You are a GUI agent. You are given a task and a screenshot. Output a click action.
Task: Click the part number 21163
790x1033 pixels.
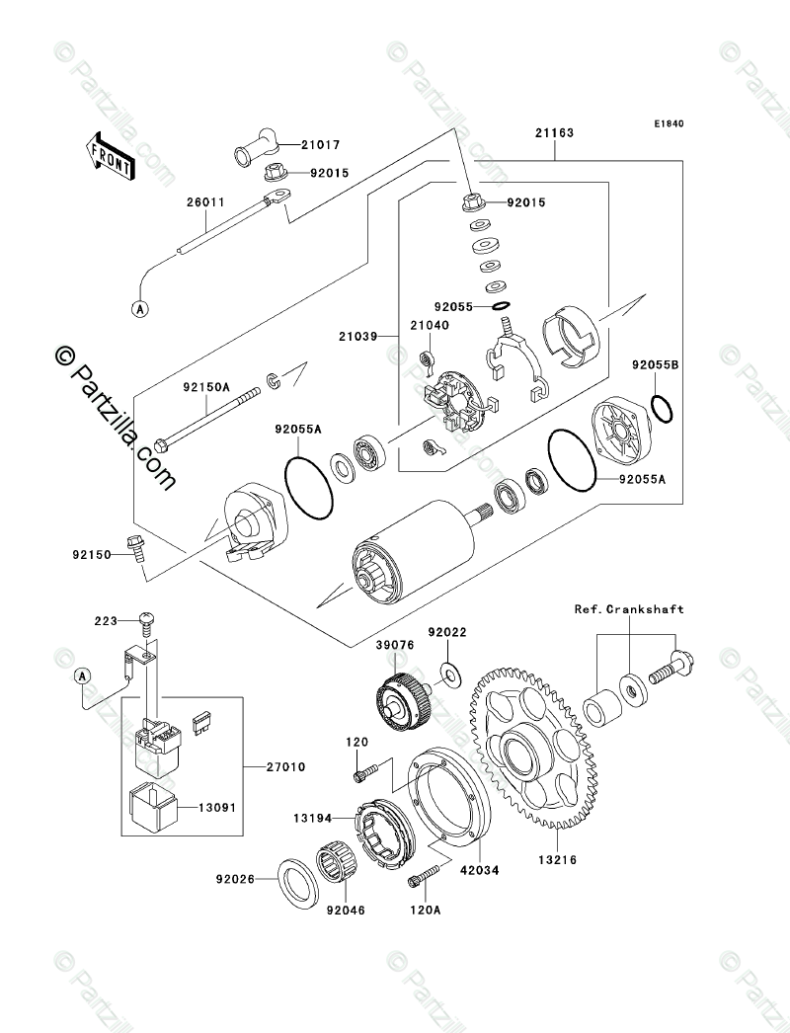point(554,132)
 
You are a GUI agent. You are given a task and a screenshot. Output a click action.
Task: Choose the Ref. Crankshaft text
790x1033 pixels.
point(629,609)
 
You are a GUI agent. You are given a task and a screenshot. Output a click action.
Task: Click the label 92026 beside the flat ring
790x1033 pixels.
point(238,877)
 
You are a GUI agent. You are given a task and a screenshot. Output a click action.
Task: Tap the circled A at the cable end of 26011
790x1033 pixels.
point(141,308)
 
